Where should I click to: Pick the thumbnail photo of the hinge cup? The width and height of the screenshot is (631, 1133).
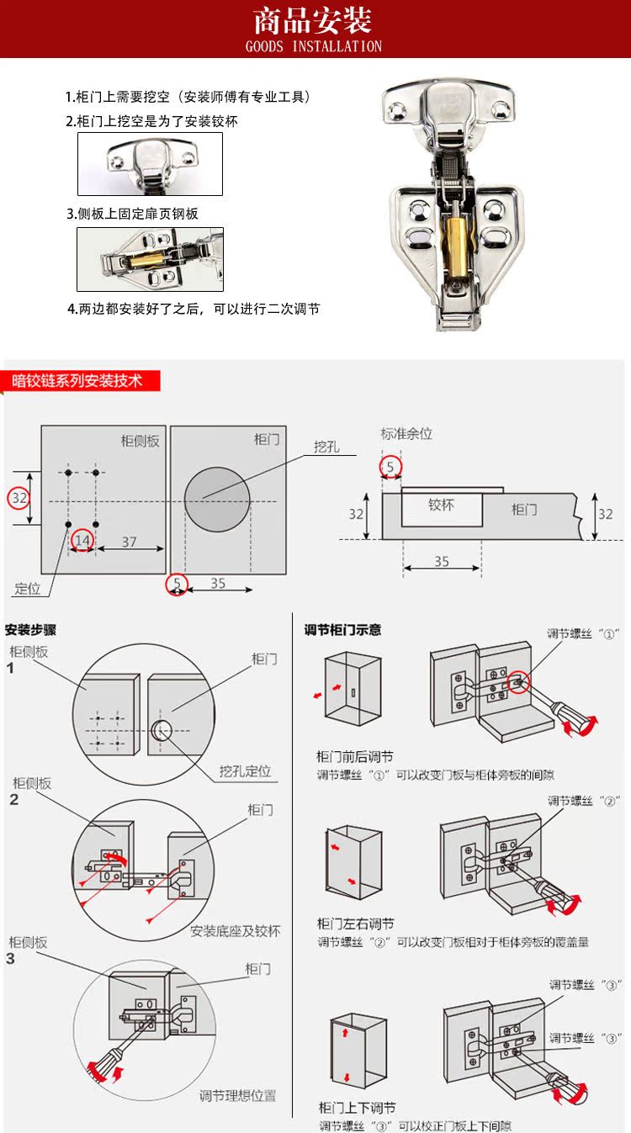pos(150,164)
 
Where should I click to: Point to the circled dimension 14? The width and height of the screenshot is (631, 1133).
pos(82,538)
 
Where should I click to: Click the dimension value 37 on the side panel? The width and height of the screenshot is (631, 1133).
pos(129,543)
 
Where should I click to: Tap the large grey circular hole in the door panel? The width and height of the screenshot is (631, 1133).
pos(217,500)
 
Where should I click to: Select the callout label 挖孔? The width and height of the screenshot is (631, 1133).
pos(326,447)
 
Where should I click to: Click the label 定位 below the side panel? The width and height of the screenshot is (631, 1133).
pos(28,588)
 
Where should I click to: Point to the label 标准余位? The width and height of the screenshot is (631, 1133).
pos(406,434)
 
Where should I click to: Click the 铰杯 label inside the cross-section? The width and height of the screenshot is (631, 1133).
pos(441,506)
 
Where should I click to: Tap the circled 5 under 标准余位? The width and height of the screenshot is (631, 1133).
pos(390,466)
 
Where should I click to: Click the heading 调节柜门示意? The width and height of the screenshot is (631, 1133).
pos(342,629)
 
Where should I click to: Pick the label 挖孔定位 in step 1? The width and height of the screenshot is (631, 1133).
pos(245,771)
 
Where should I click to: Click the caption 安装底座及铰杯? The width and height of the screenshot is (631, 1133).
pos(235,931)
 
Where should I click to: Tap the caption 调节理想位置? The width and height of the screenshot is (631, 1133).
pos(237,1096)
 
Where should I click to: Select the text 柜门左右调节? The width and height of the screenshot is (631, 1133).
pos(355,924)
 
